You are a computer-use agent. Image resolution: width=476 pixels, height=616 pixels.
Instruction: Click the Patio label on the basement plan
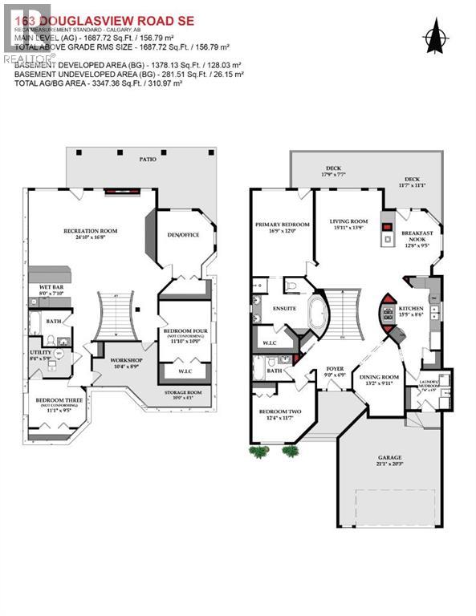[x=147, y=160]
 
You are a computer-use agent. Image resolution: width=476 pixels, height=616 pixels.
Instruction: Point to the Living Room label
[x=348, y=225]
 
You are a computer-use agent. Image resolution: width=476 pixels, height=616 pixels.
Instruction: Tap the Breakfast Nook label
[x=416, y=239]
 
